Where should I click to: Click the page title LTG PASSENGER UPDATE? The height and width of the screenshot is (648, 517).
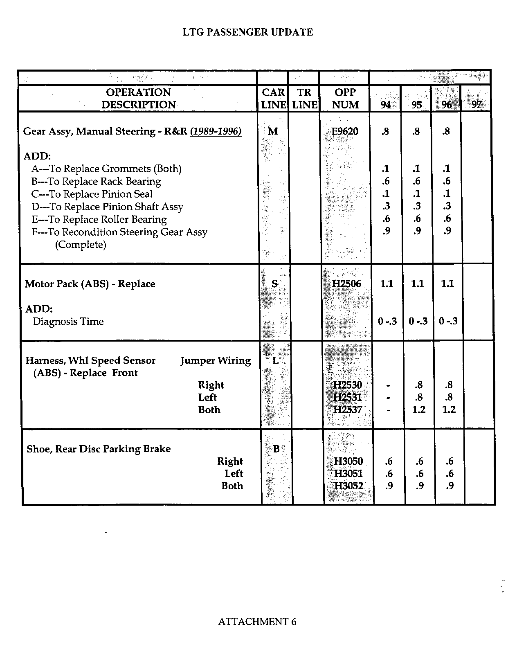(x=247, y=32)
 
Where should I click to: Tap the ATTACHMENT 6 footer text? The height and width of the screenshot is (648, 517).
(x=257, y=622)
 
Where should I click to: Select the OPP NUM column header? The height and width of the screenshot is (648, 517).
(x=345, y=99)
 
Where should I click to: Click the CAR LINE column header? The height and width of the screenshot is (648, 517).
(x=273, y=99)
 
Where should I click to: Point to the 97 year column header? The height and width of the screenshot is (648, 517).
(x=477, y=105)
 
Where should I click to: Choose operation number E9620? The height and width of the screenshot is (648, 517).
(x=345, y=131)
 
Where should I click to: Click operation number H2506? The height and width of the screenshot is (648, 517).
(x=346, y=283)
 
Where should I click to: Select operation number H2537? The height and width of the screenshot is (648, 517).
(x=348, y=409)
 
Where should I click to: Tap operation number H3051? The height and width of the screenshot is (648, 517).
(x=348, y=474)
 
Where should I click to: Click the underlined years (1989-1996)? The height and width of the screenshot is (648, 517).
(x=216, y=131)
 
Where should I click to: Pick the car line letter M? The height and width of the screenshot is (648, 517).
(x=273, y=131)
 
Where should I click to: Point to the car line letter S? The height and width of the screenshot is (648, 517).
(x=274, y=283)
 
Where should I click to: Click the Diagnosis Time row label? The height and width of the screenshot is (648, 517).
(x=68, y=322)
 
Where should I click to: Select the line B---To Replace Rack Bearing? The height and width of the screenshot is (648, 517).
(x=96, y=182)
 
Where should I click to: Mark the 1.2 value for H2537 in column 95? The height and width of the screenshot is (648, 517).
(x=419, y=409)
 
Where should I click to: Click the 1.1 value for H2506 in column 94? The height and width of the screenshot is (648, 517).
(x=387, y=283)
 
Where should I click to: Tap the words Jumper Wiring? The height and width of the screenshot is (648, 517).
(x=216, y=360)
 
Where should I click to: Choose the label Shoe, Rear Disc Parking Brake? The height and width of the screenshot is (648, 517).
(x=99, y=449)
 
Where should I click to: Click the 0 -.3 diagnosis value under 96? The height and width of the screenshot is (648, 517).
(x=448, y=322)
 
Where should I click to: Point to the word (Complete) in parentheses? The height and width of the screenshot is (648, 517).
(x=81, y=245)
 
